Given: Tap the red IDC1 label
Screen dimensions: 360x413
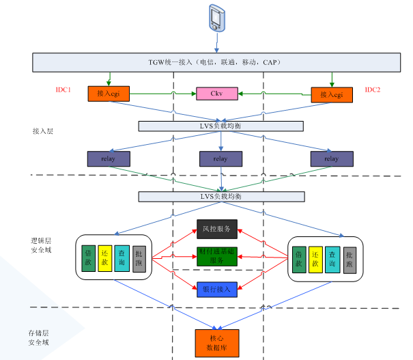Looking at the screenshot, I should (63, 91).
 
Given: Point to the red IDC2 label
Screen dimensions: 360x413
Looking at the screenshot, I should (372, 90).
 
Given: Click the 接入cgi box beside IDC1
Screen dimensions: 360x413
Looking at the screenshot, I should (109, 94).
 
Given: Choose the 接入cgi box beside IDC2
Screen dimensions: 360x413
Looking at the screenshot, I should (331, 94).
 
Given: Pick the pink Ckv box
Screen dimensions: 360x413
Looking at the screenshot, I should (218, 94).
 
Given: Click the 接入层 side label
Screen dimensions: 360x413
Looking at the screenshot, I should (43, 130).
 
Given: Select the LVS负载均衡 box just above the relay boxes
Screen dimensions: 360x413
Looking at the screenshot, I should (220, 126).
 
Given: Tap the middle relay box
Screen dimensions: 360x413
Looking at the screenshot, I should (220, 158).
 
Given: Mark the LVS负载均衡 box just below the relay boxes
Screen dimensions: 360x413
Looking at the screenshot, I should (220, 197).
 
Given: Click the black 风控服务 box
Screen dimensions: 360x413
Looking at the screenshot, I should (217, 228).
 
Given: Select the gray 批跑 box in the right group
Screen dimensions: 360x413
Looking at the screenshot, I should (350, 260).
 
